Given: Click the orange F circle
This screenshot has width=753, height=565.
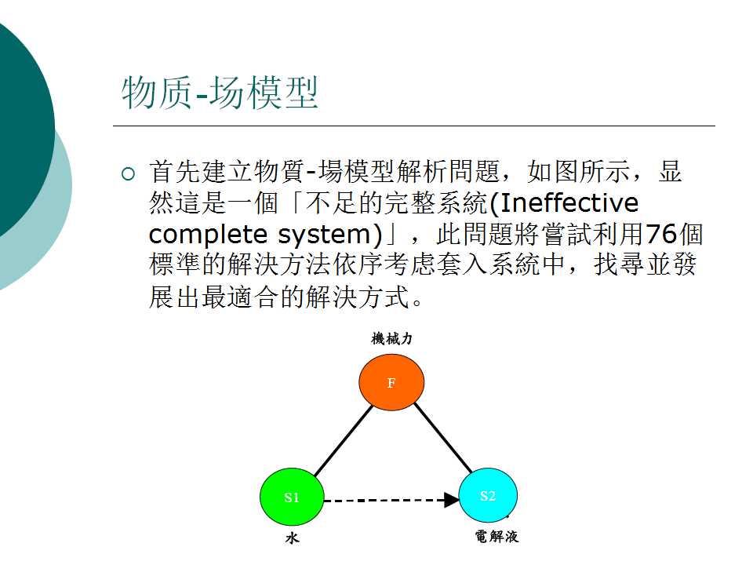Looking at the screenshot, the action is coord(391,382).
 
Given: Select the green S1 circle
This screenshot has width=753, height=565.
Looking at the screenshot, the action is coord(292,497).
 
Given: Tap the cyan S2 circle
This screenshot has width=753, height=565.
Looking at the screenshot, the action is coord(488,495).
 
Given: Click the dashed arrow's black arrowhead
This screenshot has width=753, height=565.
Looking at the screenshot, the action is coord(452,500).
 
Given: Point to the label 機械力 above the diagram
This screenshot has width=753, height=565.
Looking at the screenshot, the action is coord(391,339).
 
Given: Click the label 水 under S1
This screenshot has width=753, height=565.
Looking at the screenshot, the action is coord(292,538).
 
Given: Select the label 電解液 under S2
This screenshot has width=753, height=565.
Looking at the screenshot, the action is coord(497,536).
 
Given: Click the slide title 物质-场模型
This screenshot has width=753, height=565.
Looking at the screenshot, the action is coord(220,93).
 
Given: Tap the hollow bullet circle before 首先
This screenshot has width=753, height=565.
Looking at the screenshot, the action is coord(128,173).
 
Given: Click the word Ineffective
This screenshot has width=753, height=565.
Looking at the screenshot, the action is coord(569,202).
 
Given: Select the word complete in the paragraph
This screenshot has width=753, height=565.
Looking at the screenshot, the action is coord(208,235).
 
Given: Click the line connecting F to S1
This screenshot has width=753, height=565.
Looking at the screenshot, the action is coord(344,440).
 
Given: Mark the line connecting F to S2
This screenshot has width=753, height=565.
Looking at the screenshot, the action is coord(443,438).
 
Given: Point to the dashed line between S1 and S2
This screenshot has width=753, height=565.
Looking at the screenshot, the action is coord(384,501).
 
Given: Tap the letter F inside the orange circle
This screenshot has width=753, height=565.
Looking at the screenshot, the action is coord(391,383).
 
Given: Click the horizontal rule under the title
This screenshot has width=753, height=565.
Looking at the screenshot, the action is coord(414,126).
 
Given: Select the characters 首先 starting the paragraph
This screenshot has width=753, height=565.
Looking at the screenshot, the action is coord(175,172).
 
